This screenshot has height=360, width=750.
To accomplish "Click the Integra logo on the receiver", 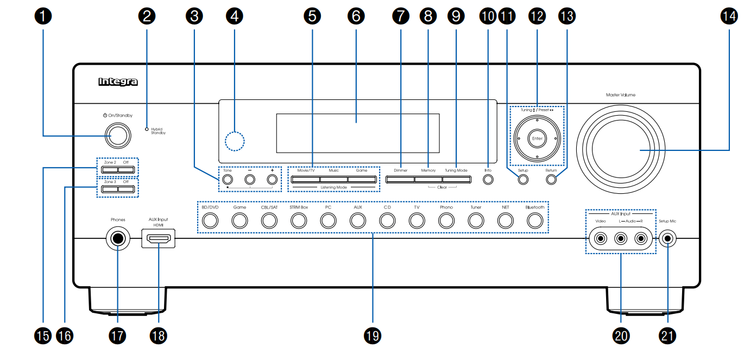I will point(118,82).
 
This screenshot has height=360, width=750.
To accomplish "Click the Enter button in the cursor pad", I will point(537,138).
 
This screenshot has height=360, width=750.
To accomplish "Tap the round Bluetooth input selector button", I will point(535,220).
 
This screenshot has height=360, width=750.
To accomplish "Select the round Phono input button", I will point(446,220).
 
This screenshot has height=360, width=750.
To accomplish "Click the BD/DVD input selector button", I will point(210,220).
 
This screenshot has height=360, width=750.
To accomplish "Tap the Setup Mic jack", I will point(667,238).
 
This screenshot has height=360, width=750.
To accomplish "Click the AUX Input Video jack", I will point(600,238).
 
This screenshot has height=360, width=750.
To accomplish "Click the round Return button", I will point(551,180).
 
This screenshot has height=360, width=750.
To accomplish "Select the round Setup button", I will point(523,180).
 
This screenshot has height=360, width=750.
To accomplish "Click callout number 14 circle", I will point(729,16).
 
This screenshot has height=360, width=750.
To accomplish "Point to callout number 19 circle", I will point(373,336).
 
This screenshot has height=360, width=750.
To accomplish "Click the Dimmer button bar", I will point(400,179).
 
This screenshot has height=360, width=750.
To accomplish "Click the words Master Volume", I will point(621,95).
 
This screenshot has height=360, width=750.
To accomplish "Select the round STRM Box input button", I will point(299,220).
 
